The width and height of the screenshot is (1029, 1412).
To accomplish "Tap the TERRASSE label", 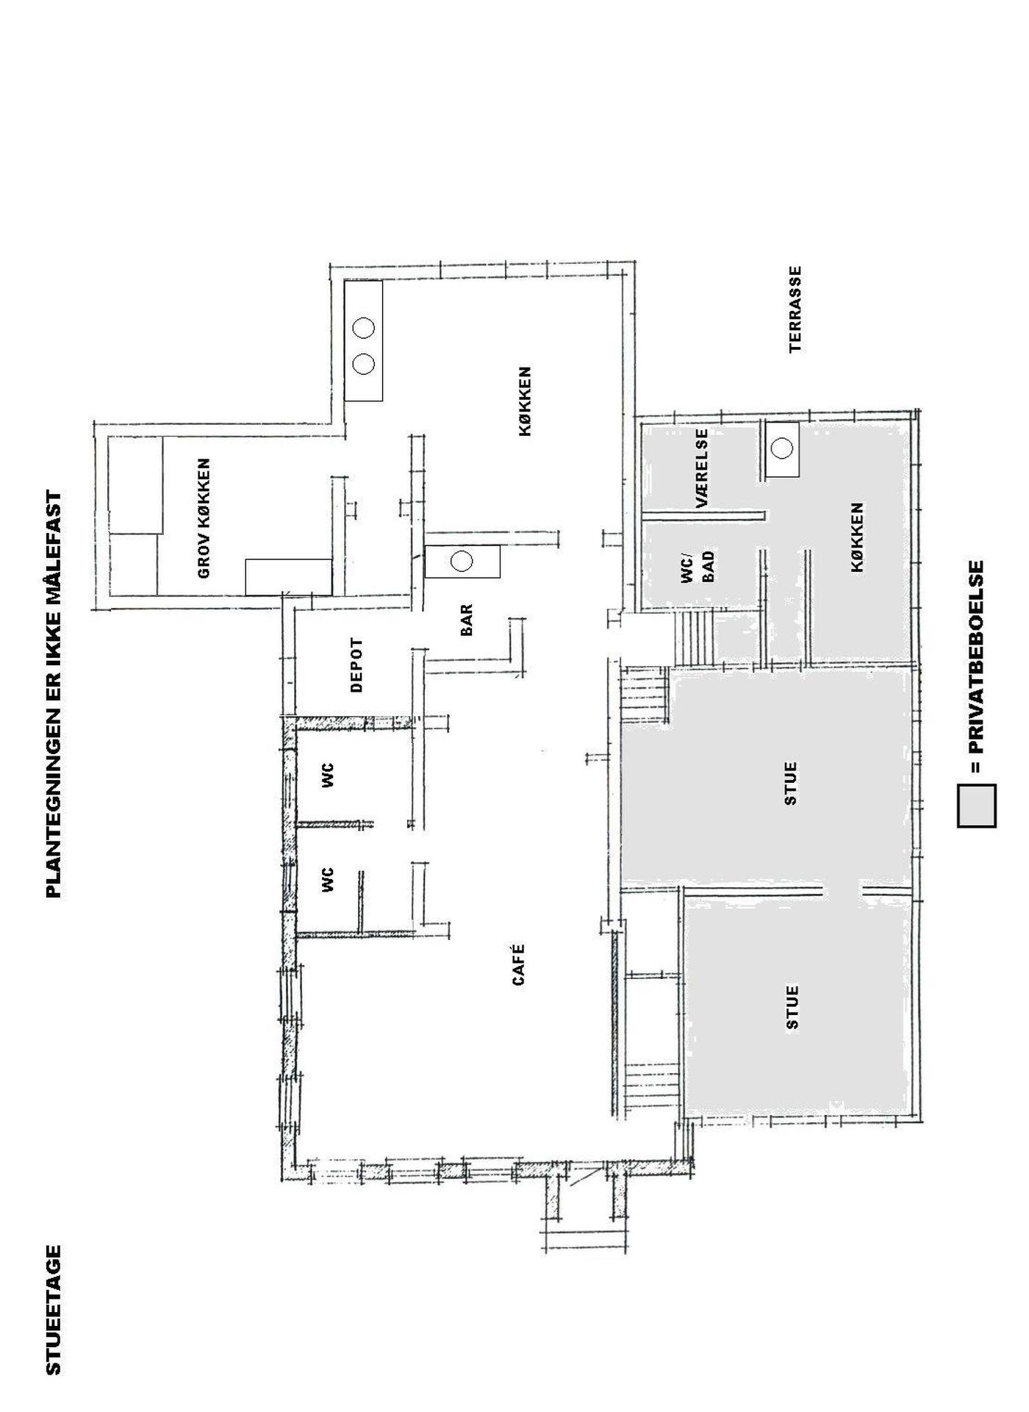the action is coord(795,309).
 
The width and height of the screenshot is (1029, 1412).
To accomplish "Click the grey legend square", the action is coord(977,806).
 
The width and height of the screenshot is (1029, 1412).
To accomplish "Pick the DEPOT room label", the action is coord(357,666).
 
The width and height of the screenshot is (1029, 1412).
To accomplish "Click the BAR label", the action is coord(466,620).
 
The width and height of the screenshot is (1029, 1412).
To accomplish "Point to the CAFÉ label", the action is coord(518,964).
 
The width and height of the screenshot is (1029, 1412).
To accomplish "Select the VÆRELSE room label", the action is coord(702,469).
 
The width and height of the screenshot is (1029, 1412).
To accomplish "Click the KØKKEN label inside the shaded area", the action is coord(857,537).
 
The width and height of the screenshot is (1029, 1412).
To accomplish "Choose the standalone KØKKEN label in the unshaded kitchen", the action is coord(525,402).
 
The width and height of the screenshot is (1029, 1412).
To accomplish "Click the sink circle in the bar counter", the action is coord(461,562).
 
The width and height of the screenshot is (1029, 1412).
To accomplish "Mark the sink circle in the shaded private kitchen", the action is coord(783,447).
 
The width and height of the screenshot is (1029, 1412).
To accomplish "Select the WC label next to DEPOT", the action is coord(328,775).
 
